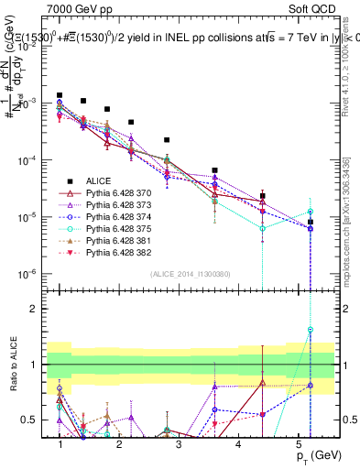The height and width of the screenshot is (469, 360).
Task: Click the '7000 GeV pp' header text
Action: pyautogui.click(x=76, y=7)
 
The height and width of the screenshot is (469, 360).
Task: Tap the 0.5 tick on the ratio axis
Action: pyautogui.click(x=34, y=420)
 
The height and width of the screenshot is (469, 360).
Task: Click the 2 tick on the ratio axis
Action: pyautogui.click(x=38, y=308)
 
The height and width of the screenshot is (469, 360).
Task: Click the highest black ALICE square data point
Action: pyautogui.click(x=60, y=94)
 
